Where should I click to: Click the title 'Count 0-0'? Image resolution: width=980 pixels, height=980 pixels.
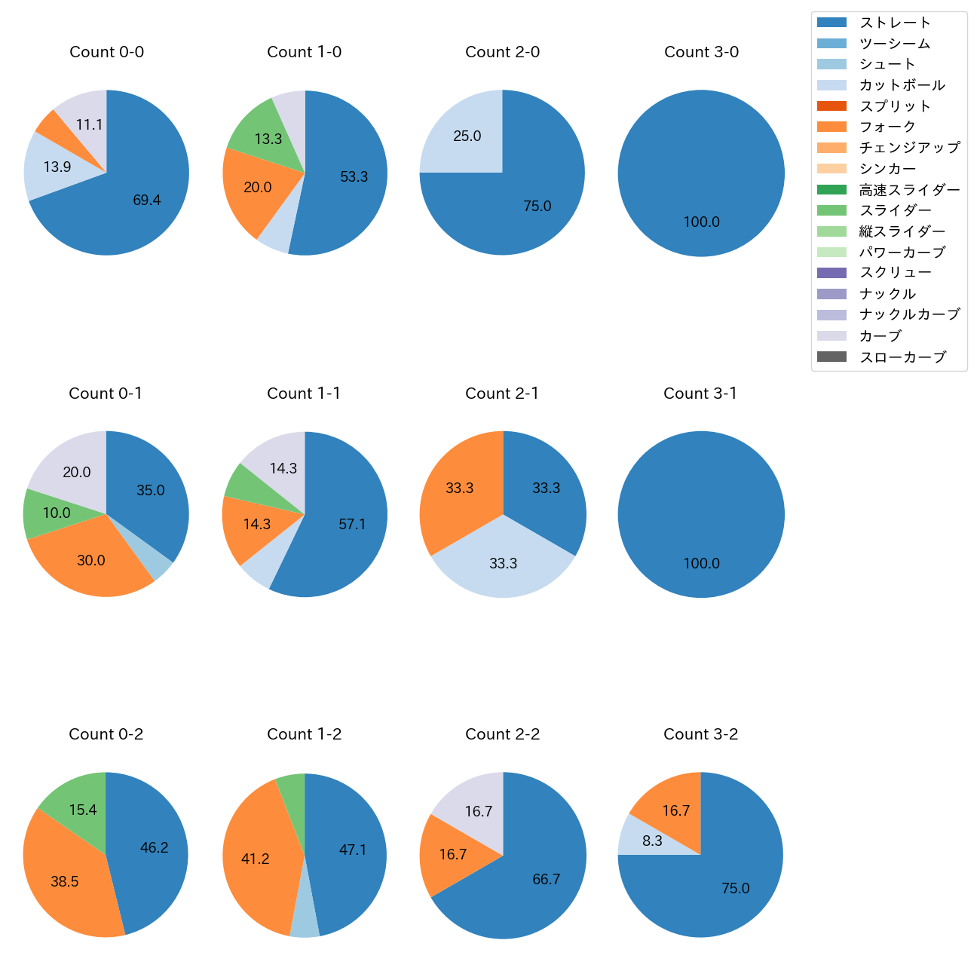click(x=106, y=52)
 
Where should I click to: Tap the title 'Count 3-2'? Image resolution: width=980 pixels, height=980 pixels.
click(x=700, y=734)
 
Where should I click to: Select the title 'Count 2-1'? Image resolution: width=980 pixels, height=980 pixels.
click(x=502, y=394)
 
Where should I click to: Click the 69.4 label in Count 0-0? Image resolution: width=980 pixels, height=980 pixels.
click(x=147, y=201)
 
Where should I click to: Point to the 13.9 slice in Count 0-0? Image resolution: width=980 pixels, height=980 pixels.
click(x=57, y=167)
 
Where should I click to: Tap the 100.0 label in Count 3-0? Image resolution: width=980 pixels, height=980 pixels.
click(x=701, y=222)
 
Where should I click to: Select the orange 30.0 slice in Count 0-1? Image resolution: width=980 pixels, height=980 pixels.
click(x=91, y=561)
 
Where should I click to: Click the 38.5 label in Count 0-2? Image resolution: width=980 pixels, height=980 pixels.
click(x=65, y=882)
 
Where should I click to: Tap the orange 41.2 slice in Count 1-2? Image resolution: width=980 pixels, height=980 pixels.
click(x=256, y=859)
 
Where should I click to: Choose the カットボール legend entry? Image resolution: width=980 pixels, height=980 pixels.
click(x=902, y=85)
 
